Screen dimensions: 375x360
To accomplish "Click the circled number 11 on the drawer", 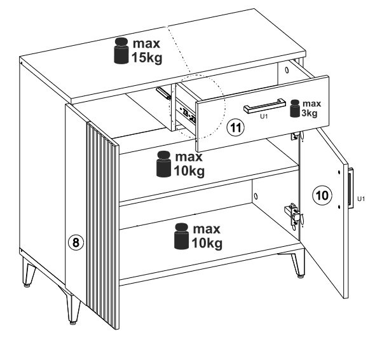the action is click(x=236, y=128).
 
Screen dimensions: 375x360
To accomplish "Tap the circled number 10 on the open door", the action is click(x=322, y=195).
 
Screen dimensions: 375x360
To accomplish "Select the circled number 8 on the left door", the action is click(x=76, y=243).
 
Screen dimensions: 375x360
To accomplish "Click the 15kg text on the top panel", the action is click(x=147, y=58).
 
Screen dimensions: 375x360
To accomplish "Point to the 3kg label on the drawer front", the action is click(x=310, y=113).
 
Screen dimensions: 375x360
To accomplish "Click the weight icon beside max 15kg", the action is click(x=121, y=51).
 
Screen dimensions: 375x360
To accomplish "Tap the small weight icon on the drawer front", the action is click(x=295, y=108).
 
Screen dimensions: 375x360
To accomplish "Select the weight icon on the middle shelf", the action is click(x=163, y=164).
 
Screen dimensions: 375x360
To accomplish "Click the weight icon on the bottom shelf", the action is click(x=182, y=236).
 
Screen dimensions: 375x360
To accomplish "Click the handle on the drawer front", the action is click(x=264, y=106).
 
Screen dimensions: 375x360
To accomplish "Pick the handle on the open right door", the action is click(x=350, y=188).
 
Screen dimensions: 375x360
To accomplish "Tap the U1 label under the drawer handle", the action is click(x=264, y=116).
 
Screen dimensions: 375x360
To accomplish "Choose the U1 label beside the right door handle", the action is click(x=361, y=198).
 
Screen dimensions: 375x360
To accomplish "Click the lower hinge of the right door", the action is click(x=294, y=214).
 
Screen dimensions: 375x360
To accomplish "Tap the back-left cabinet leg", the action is click(x=29, y=272).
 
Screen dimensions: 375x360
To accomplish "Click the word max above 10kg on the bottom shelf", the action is click(x=207, y=229).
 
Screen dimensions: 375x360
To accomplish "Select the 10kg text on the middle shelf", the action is click(x=189, y=171).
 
